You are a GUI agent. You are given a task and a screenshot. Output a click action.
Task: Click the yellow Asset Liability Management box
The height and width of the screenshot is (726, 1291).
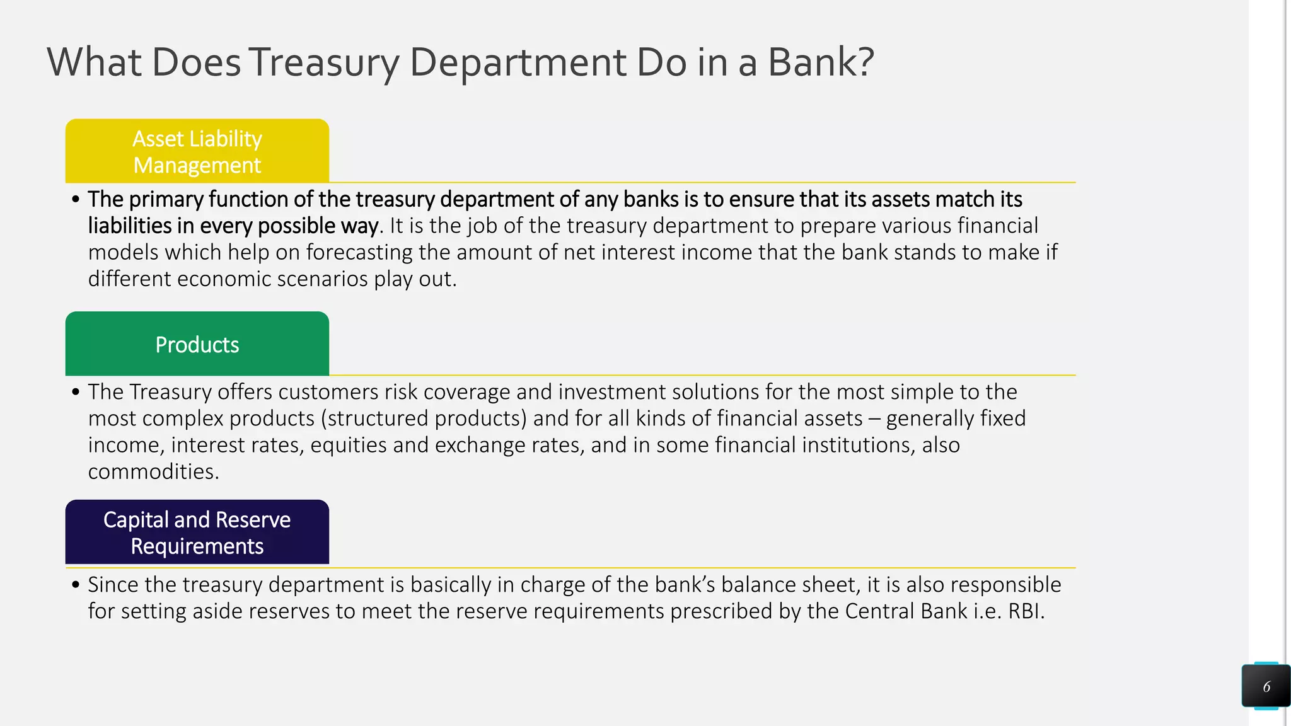click(x=197, y=151)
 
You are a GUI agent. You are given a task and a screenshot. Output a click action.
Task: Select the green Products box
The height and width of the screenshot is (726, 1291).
click(x=197, y=344)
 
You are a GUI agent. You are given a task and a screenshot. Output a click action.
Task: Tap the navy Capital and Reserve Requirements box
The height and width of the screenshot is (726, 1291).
click(x=197, y=533)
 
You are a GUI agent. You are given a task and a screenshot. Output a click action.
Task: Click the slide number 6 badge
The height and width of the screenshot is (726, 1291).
click(x=1266, y=686)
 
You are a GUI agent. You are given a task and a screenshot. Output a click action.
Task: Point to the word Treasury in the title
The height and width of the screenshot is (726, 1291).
click(x=326, y=62)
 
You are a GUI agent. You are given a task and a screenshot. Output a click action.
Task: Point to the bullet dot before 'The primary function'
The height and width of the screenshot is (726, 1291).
click(x=76, y=200)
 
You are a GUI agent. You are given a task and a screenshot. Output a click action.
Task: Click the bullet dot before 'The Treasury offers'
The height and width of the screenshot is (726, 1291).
click(x=76, y=393)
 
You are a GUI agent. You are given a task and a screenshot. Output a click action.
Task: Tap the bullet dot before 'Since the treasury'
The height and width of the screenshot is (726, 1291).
click(x=76, y=585)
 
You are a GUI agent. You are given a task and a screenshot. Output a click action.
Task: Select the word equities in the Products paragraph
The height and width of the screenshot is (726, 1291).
click(x=349, y=445)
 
